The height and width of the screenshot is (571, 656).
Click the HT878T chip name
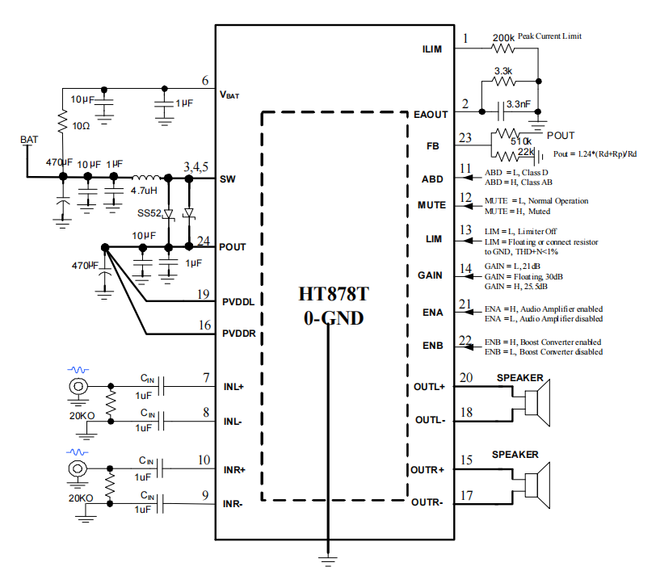click(328, 296)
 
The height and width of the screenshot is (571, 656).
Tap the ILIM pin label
click(432, 49)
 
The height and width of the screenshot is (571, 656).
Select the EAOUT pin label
click(426, 115)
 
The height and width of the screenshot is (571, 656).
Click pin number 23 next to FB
click(465, 138)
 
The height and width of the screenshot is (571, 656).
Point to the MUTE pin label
click(431, 205)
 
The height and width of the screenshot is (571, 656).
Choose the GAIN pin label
click(430, 275)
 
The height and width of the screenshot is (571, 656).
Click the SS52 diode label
click(149, 212)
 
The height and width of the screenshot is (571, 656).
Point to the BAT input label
click(29, 140)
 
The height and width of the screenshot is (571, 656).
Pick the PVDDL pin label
click(239, 303)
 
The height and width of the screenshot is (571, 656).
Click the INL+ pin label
click(234, 387)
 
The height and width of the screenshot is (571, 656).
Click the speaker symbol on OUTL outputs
click(537, 401)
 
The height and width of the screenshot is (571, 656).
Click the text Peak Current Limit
click(549, 36)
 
